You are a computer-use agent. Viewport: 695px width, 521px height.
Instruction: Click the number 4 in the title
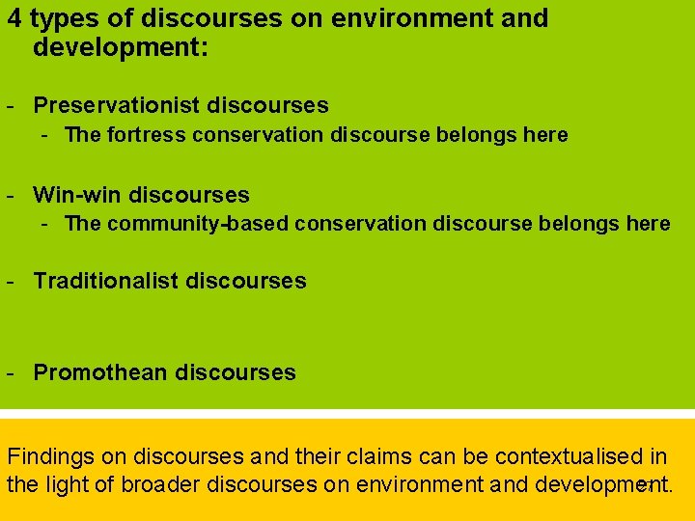click(x=14, y=18)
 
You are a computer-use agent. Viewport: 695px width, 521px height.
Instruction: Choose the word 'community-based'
click(x=199, y=224)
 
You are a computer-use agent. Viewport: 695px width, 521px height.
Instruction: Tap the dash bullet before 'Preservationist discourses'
click(x=9, y=105)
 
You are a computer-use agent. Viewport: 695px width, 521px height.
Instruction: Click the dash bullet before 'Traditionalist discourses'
click(x=9, y=282)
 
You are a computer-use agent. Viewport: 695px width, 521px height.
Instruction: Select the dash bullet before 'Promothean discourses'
click(x=9, y=372)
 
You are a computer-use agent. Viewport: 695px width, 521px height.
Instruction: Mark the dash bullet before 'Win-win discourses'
click(x=9, y=195)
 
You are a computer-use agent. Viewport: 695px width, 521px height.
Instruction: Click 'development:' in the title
click(x=121, y=46)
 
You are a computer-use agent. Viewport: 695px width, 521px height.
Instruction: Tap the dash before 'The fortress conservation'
click(x=45, y=135)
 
